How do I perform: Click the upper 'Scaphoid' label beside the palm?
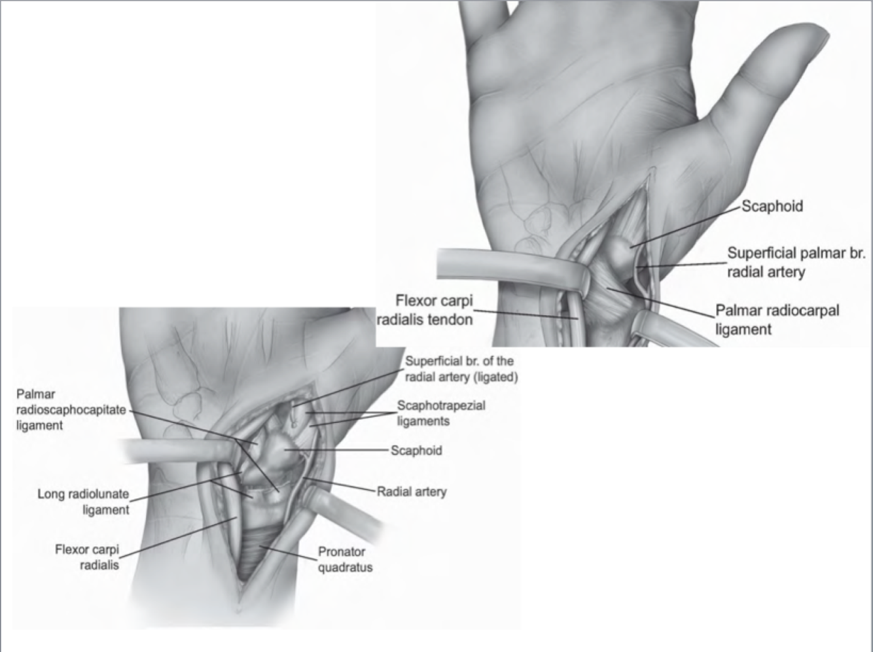[772, 206]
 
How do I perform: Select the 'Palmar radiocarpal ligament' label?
[776, 319]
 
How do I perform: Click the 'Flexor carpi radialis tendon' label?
[434, 310]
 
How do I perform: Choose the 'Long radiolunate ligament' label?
[83, 502]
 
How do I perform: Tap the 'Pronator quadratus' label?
[345, 559]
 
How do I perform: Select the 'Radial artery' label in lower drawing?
[412, 490]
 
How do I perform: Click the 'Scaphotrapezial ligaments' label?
[441, 413]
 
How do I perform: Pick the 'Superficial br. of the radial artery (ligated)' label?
[461, 369]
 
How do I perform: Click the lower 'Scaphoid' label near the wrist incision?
[416, 451]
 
